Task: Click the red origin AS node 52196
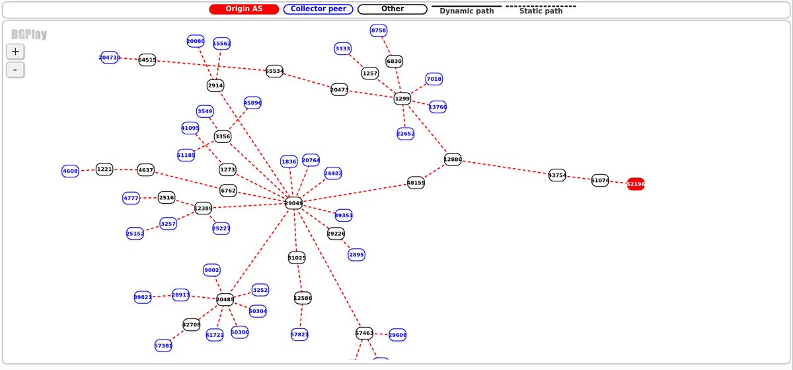click(x=635, y=184)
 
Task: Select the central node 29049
click(x=293, y=203)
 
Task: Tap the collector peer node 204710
click(x=110, y=58)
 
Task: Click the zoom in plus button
click(x=15, y=51)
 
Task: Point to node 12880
click(x=453, y=159)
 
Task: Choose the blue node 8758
click(x=379, y=30)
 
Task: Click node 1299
click(x=402, y=99)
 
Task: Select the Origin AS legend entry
click(x=244, y=9)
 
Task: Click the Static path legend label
click(x=541, y=11)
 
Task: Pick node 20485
click(x=225, y=299)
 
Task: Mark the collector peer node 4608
click(x=70, y=171)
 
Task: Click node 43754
click(x=557, y=175)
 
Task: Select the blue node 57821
click(x=299, y=335)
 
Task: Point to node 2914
click(x=215, y=85)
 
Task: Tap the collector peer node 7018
click(x=434, y=79)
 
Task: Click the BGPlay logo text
click(x=28, y=34)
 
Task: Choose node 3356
click(x=223, y=136)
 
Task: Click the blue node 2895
click(x=356, y=255)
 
